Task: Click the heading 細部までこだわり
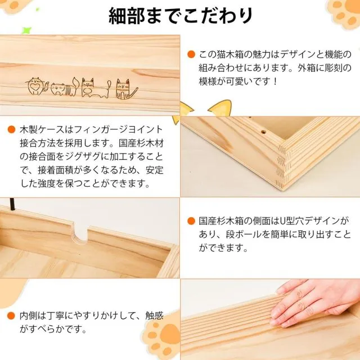coord(181,16)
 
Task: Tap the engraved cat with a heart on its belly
coord(35,86)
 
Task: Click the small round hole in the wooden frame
coord(264,132)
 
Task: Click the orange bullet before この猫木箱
coord(191,55)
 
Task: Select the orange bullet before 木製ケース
coord(11,129)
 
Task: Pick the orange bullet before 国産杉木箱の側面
coord(191,221)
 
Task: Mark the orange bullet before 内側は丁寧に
coord(11,316)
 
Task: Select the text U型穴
coord(293,221)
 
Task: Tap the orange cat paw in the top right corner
coord(344,13)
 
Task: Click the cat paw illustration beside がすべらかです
coord(163,335)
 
